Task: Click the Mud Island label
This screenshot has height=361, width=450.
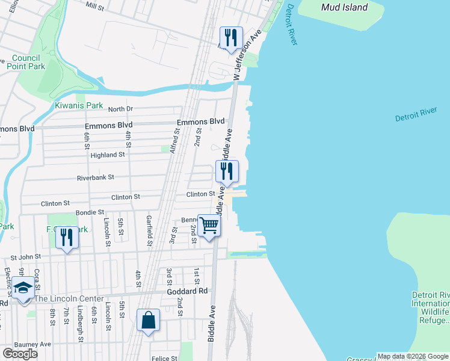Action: point(344,8)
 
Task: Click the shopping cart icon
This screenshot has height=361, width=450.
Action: point(209,226)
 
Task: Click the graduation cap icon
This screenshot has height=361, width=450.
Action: point(23,291)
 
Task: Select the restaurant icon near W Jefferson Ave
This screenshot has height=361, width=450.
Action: point(231,38)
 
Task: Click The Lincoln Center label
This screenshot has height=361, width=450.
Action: point(69,298)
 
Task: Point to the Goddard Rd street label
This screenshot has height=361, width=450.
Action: point(187,291)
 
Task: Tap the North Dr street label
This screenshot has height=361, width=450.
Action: point(120,109)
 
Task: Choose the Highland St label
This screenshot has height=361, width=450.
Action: point(107,155)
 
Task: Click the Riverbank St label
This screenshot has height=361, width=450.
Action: point(95,177)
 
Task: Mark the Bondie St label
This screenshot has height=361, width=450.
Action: point(90,213)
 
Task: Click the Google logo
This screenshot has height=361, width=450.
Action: point(20,353)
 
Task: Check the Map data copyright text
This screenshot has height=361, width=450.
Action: point(412,356)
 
